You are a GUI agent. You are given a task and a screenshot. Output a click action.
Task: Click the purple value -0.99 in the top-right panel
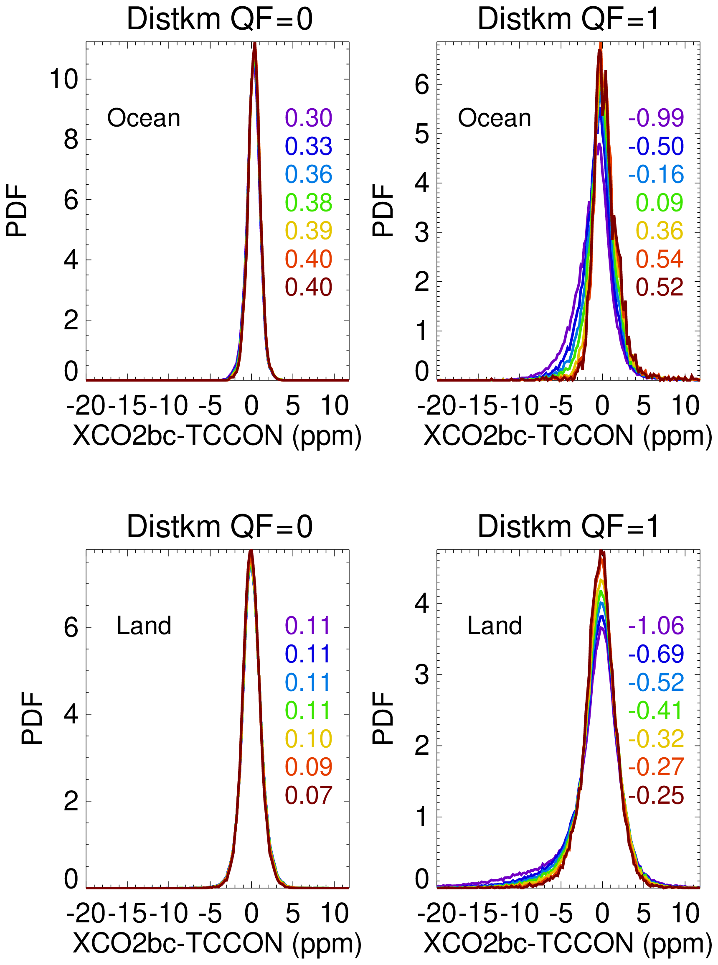coord(655,118)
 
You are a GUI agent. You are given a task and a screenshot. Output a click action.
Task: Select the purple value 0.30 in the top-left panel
coord(308,118)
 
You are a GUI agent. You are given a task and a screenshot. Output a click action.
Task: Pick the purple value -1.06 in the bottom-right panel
coord(655,625)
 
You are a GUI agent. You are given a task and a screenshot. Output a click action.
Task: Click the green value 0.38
coord(308,203)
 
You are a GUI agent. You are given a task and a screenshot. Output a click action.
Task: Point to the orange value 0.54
coord(660,259)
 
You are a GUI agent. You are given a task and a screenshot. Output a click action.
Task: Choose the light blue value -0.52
coord(655,682)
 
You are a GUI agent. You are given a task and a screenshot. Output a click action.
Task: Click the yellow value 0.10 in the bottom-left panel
coord(308,738)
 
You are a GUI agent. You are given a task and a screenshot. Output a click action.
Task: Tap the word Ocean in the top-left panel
coord(143,118)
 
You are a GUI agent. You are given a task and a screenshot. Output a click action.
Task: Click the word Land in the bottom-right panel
coord(494,625)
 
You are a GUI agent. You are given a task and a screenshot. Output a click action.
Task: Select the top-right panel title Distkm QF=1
coord(568,19)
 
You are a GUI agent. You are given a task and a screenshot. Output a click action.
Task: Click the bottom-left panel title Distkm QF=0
coord(219,527)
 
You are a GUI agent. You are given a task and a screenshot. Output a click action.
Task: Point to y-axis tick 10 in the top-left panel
coord(63,79)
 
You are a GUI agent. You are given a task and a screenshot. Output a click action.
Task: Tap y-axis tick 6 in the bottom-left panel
coord(71,628)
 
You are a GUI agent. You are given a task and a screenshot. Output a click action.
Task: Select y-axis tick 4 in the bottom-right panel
coord(421,603)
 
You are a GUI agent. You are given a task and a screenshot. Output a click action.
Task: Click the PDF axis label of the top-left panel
coord(17,211)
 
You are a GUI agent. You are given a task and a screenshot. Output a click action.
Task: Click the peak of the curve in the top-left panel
coord(255,44)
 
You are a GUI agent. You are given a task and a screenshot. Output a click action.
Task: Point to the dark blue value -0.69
coord(655,654)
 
